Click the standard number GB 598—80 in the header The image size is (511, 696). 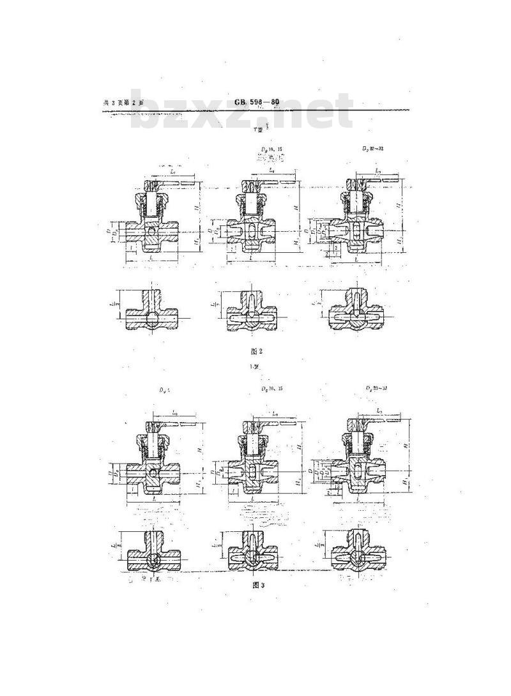257,102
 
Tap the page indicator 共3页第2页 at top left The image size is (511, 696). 124,103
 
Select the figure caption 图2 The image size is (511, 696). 257,350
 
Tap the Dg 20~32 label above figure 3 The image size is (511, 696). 374,389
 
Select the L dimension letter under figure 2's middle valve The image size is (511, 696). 250,257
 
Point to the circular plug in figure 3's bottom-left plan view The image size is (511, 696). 154,559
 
